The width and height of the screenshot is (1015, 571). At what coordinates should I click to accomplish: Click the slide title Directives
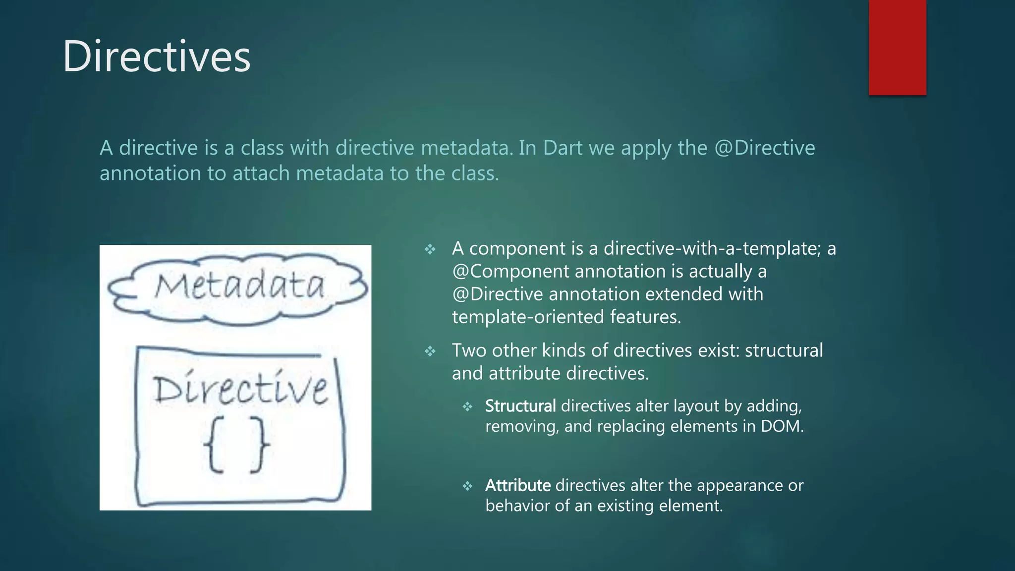[157, 57]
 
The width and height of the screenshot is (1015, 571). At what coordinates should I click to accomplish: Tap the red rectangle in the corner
[897, 47]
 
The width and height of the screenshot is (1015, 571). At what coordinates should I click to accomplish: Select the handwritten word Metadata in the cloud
[239, 286]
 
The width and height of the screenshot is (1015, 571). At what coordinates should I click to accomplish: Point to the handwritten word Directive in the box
[240, 389]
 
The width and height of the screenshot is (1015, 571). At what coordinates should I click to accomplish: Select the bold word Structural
[520, 406]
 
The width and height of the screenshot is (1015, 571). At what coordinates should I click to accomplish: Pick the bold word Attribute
[517, 485]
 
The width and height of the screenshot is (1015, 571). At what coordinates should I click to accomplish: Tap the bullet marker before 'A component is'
[430, 249]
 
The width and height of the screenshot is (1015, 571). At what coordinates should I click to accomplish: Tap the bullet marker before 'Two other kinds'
[430, 351]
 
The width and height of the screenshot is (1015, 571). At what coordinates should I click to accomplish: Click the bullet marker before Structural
[467, 407]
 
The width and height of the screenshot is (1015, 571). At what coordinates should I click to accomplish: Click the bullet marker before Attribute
[467, 486]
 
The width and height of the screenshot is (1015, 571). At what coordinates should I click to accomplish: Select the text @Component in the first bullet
[510, 271]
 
